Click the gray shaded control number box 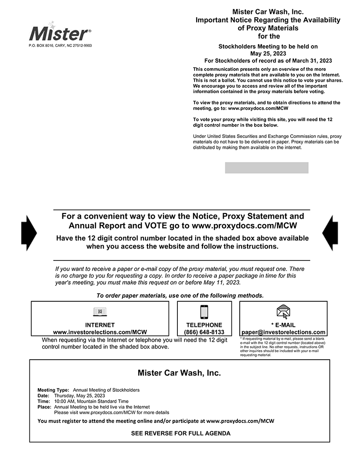(x=266, y=168)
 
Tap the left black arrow (x=29, y=233)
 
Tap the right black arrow (x=330, y=233)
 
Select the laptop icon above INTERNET (x=100, y=312)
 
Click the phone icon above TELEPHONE (x=204, y=311)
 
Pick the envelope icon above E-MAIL (x=283, y=311)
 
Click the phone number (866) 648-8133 (x=204, y=332)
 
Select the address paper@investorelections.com (x=283, y=332)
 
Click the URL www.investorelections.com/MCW (x=100, y=332)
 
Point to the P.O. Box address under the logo (x=60, y=46)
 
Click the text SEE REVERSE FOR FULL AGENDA (x=180, y=433)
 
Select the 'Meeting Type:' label (x=53, y=390)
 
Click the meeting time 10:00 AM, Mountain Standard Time (x=91, y=401)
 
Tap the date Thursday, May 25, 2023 (x=79, y=396)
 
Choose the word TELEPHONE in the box (x=204, y=325)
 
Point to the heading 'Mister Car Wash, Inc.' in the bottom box (x=179, y=373)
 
